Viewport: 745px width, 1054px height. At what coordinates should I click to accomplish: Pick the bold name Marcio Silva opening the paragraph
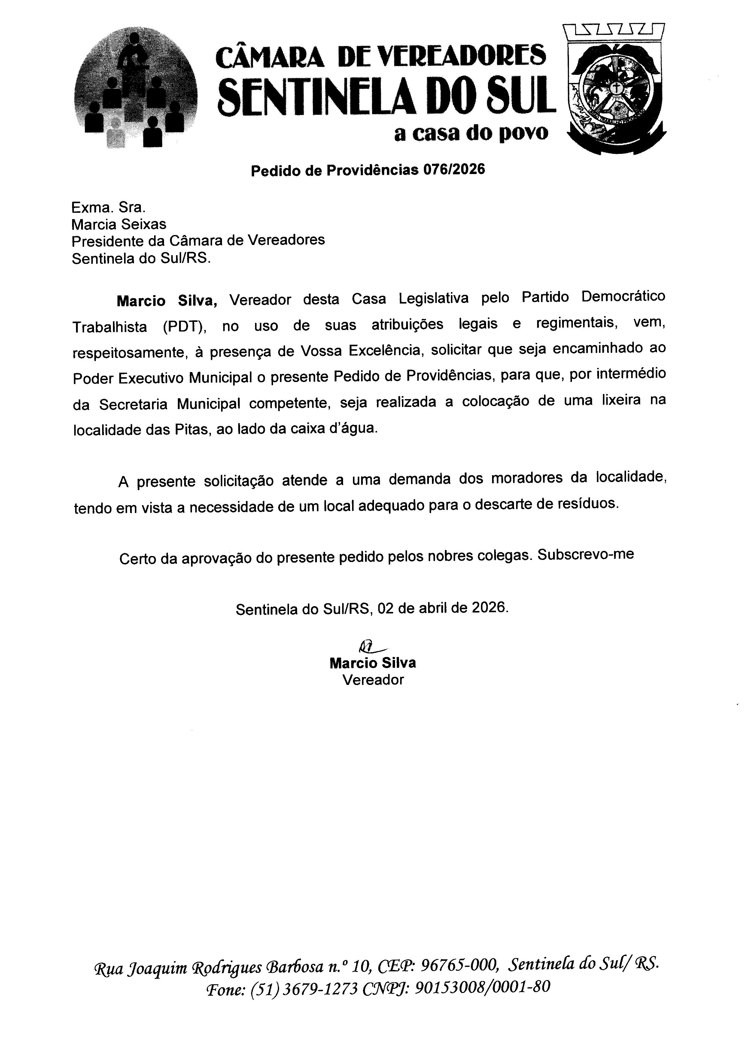(166, 301)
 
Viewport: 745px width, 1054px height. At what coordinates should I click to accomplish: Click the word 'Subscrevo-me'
(585, 554)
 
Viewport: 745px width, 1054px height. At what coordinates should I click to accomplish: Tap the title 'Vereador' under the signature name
(373, 680)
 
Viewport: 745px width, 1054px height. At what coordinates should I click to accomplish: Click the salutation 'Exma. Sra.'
(108, 207)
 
